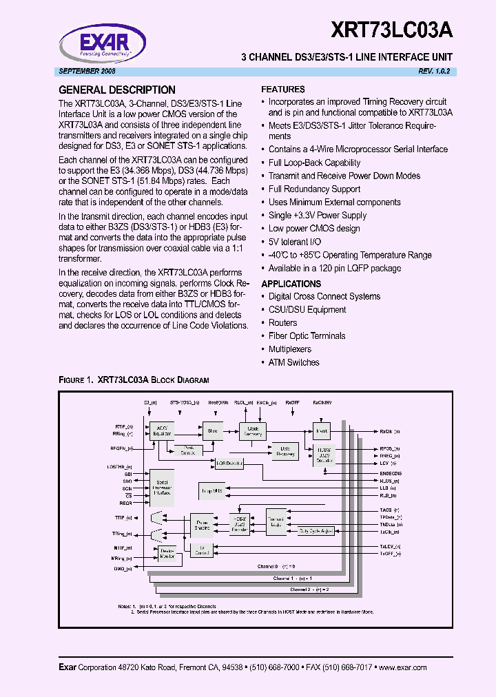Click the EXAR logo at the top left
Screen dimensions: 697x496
(x=105, y=39)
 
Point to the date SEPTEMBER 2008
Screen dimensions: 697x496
(x=87, y=72)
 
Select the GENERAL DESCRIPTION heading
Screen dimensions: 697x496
(x=116, y=90)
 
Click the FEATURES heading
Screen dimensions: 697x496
(x=283, y=90)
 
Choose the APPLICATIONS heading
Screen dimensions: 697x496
(x=291, y=284)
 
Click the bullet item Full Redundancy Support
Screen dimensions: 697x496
(x=314, y=189)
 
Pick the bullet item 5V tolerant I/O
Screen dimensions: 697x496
(x=294, y=242)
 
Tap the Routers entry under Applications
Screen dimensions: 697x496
(x=282, y=323)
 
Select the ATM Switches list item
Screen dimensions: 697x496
(x=293, y=362)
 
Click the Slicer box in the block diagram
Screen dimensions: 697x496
(x=212, y=431)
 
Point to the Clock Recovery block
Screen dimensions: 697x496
(x=253, y=431)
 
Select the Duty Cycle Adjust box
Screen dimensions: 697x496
(x=316, y=531)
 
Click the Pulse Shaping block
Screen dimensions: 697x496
(x=202, y=526)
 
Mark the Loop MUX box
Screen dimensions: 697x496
(x=212, y=491)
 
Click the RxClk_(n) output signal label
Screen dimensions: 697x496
(x=390, y=431)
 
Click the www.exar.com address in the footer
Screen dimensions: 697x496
(x=403, y=667)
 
